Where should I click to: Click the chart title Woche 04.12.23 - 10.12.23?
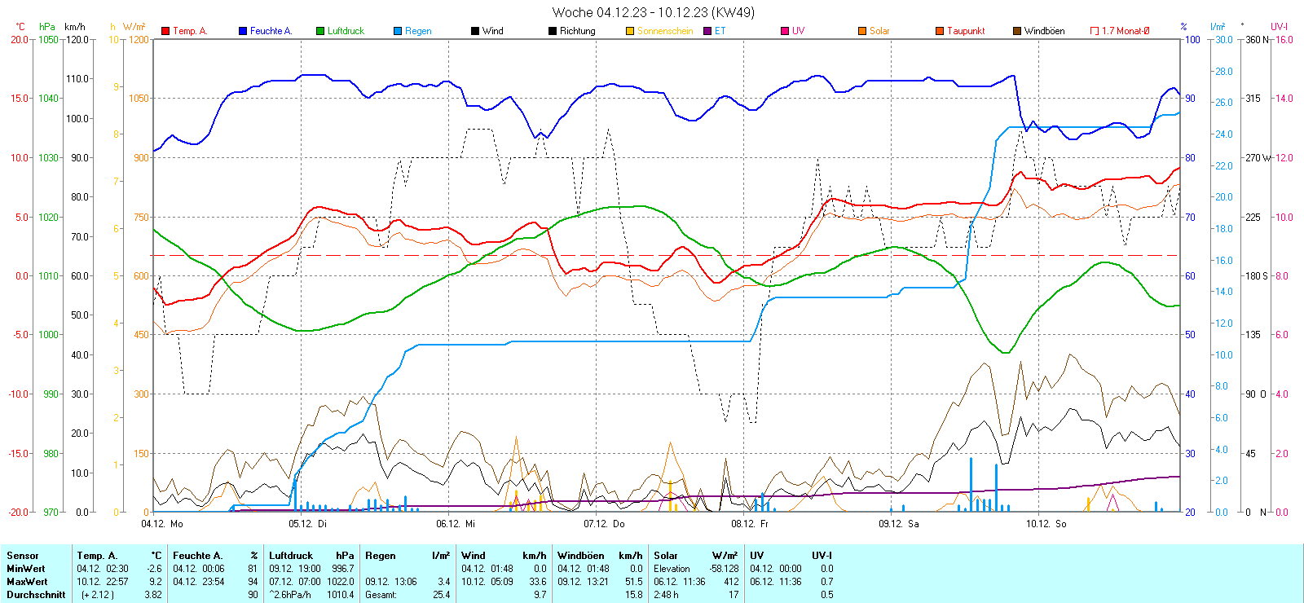pos(653,12)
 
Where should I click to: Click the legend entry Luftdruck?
pos(346,31)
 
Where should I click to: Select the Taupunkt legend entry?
pos(966,31)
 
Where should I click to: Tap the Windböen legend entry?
pos(1044,31)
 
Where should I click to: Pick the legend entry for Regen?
pos(418,31)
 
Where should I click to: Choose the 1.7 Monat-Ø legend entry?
pos(1125,31)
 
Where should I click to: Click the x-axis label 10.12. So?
pos(1046,524)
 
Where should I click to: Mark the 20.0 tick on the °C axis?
pos(20,39)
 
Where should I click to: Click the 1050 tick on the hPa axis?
pos(49,39)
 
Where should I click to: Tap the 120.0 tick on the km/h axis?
pos(77,39)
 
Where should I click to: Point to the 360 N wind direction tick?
pos(1257,39)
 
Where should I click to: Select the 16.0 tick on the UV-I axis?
pos(1284,39)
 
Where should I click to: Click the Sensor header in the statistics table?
pos(23,556)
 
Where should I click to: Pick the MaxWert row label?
pos(27,582)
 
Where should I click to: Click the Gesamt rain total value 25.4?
pos(441,595)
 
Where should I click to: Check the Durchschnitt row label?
pos(36,595)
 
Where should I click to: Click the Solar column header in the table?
pos(666,556)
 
